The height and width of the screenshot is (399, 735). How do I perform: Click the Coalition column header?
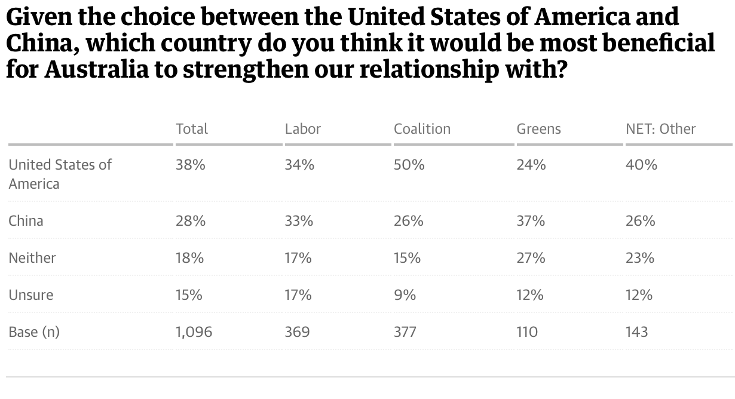click(x=422, y=128)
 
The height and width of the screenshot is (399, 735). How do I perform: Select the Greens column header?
click(x=538, y=128)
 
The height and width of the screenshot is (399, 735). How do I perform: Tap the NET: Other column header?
click(x=660, y=128)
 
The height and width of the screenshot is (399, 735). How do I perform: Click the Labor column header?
click(x=303, y=128)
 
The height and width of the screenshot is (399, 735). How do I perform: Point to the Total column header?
click(x=192, y=128)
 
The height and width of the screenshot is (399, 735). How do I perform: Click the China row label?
click(x=26, y=220)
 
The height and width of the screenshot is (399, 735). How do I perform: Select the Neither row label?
click(x=32, y=257)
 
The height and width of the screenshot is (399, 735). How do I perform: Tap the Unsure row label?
click(x=31, y=294)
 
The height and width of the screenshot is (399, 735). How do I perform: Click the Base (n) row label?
click(x=34, y=332)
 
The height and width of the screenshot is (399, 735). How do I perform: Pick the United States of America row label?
click(x=60, y=173)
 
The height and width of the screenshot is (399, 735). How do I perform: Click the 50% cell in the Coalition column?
click(x=409, y=165)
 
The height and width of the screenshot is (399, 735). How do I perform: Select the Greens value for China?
click(x=531, y=220)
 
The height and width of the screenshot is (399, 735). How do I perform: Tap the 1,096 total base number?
click(x=194, y=332)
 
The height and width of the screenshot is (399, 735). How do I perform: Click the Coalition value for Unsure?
click(x=405, y=294)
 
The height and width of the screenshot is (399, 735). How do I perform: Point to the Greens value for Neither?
click(x=531, y=257)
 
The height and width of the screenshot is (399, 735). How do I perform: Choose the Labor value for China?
click(x=299, y=220)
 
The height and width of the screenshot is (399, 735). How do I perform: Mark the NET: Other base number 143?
click(x=636, y=332)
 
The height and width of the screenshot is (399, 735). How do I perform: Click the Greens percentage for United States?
click(x=531, y=165)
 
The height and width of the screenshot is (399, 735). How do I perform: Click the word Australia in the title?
click(x=96, y=70)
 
